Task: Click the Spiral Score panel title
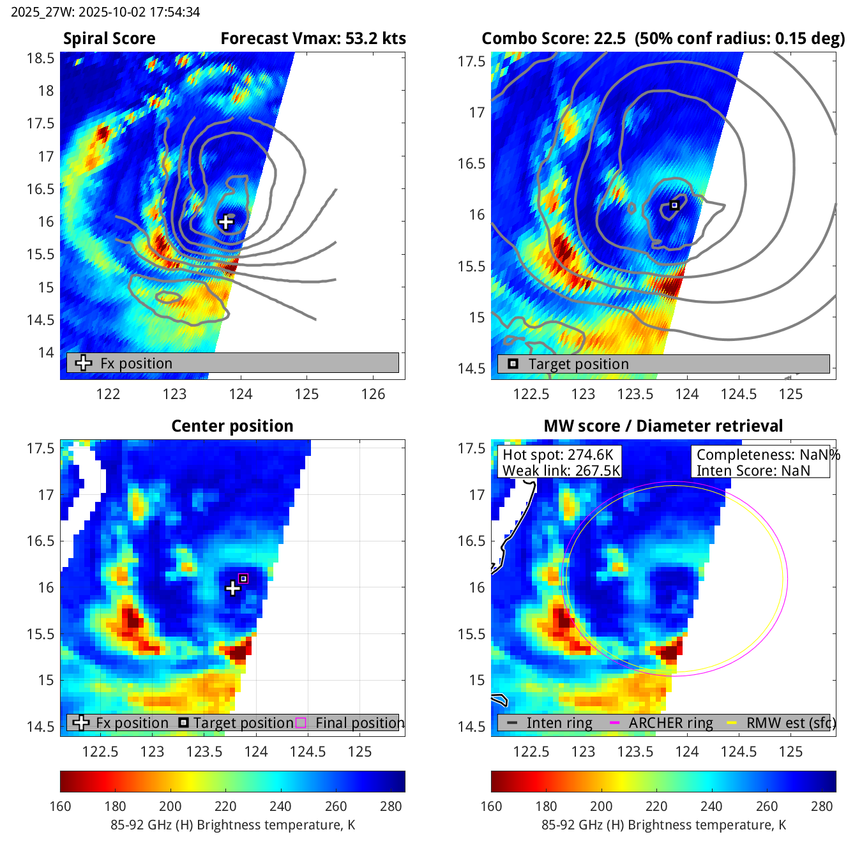click(x=109, y=39)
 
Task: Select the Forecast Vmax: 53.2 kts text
click(x=313, y=39)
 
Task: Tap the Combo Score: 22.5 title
click(x=554, y=39)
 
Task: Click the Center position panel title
click(x=232, y=426)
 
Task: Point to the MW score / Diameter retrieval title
click(x=663, y=426)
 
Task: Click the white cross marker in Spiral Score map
click(x=226, y=222)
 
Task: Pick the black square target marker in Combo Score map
click(x=674, y=205)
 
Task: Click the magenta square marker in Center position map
click(x=243, y=578)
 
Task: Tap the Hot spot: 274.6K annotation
click(x=558, y=455)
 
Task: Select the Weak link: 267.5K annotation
click(x=561, y=471)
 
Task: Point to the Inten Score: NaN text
click(x=753, y=471)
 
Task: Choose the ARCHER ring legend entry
click(x=670, y=723)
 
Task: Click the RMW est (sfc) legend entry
click(x=790, y=723)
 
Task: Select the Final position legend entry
click(x=359, y=723)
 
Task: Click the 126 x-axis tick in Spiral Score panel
click(x=374, y=394)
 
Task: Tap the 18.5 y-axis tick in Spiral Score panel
click(x=40, y=58)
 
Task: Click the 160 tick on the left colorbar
click(x=60, y=806)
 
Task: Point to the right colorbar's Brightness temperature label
click(x=663, y=825)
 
